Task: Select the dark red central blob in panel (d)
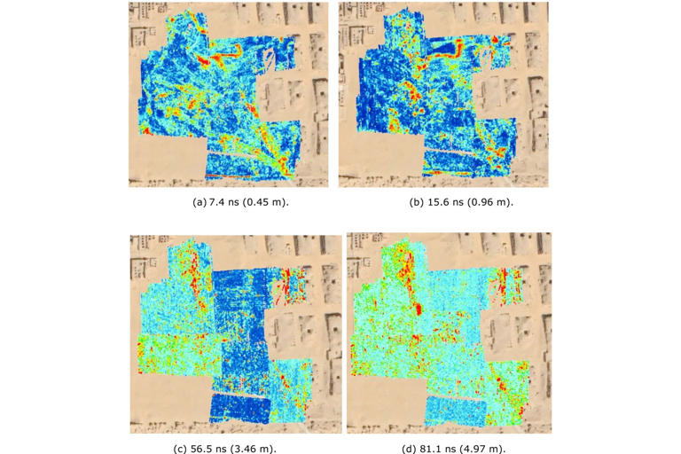[x=415, y=310]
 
